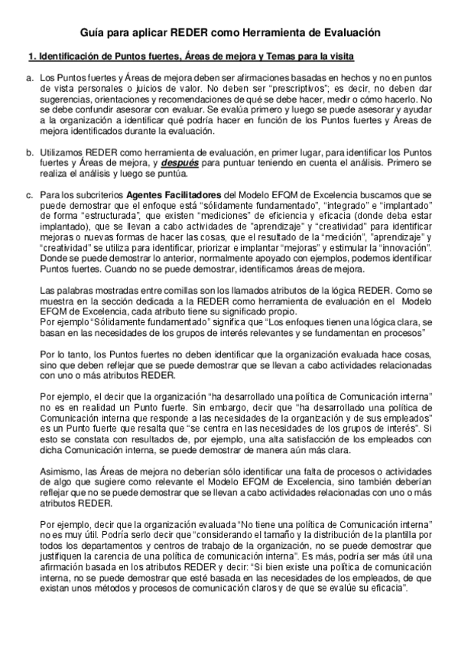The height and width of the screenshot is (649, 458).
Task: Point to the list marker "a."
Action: [x=30, y=78]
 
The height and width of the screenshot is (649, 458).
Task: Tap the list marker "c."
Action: [x=30, y=195]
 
